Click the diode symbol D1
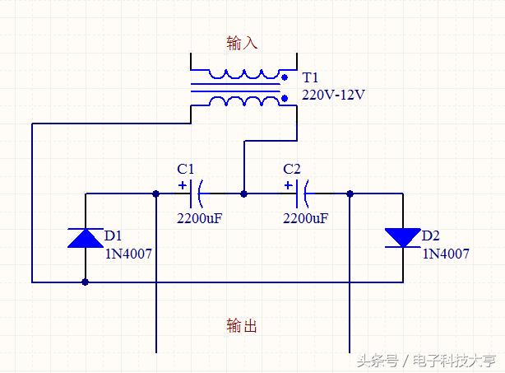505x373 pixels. point(86,238)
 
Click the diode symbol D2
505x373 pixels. point(402,237)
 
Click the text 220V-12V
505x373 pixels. point(333,95)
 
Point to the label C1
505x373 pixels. point(187,169)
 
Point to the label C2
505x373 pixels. point(292,169)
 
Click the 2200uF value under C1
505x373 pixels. point(200,219)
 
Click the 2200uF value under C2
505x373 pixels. point(305,219)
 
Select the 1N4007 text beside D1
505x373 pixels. point(128,254)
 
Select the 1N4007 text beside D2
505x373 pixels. point(446,254)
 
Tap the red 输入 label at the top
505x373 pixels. point(242,42)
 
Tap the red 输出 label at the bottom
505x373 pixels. point(242,326)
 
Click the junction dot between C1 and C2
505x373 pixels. point(243,194)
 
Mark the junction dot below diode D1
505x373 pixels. point(86,282)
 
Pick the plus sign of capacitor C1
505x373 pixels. point(182,184)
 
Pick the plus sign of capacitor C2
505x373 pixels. point(288,184)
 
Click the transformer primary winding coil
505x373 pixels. point(243,74)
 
